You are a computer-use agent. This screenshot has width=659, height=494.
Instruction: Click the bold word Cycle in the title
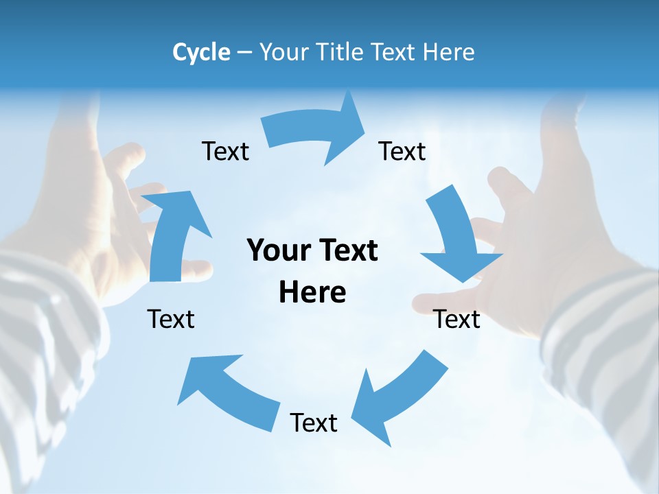pos(201,52)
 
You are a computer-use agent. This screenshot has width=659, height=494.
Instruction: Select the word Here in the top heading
pos(450,52)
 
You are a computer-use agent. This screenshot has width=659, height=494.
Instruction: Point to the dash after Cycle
pos(244,53)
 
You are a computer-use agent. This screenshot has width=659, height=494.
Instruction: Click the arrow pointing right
pos(316,130)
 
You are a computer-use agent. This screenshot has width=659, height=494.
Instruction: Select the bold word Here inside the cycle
pos(312,292)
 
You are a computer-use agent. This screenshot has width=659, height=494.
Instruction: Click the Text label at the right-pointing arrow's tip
pos(402,151)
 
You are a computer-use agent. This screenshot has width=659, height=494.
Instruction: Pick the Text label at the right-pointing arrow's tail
pos(225,151)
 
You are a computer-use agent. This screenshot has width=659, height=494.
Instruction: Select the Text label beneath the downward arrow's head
pos(456,319)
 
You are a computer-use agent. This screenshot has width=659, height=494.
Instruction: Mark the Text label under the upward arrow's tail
pos(171,319)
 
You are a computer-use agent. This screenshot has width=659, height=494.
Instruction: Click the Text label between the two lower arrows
pos(314,423)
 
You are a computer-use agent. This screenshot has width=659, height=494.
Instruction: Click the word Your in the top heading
pos(284,52)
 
